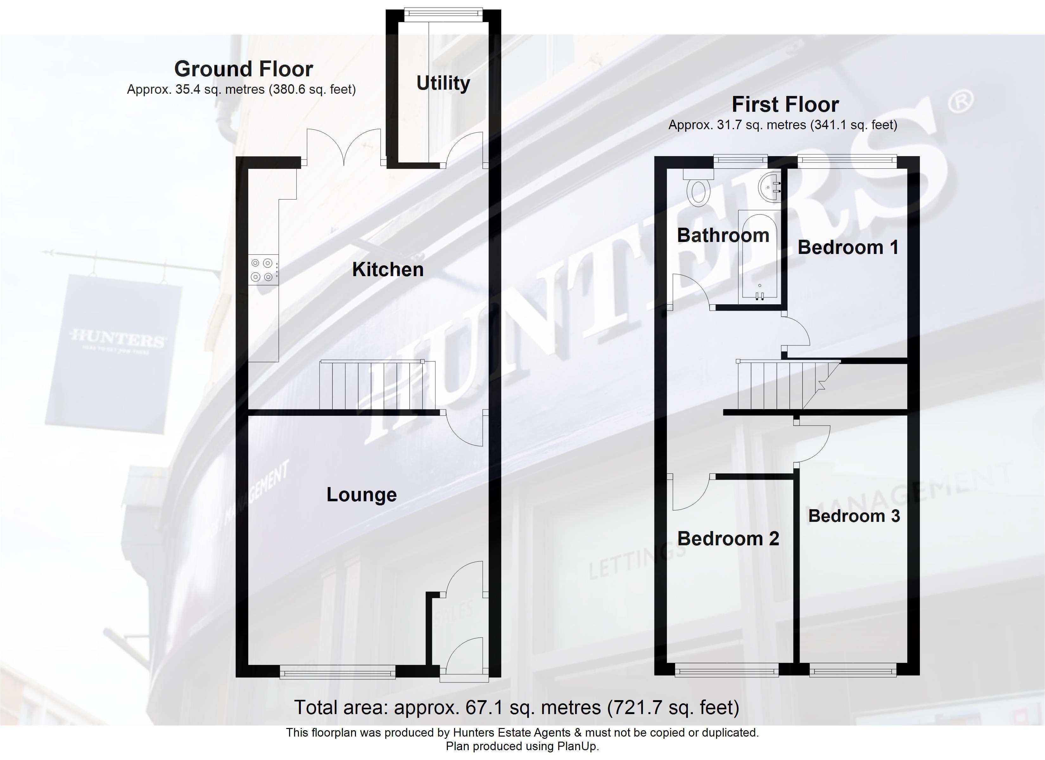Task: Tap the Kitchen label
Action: (x=388, y=269)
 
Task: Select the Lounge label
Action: (x=361, y=495)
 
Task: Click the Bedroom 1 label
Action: (x=848, y=248)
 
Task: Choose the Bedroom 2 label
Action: (x=728, y=538)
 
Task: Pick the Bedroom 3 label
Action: (x=854, y=516)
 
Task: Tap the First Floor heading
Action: (x=785, y=104)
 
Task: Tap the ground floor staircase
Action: (x=377, y=385)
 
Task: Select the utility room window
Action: (x=443, y=15)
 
